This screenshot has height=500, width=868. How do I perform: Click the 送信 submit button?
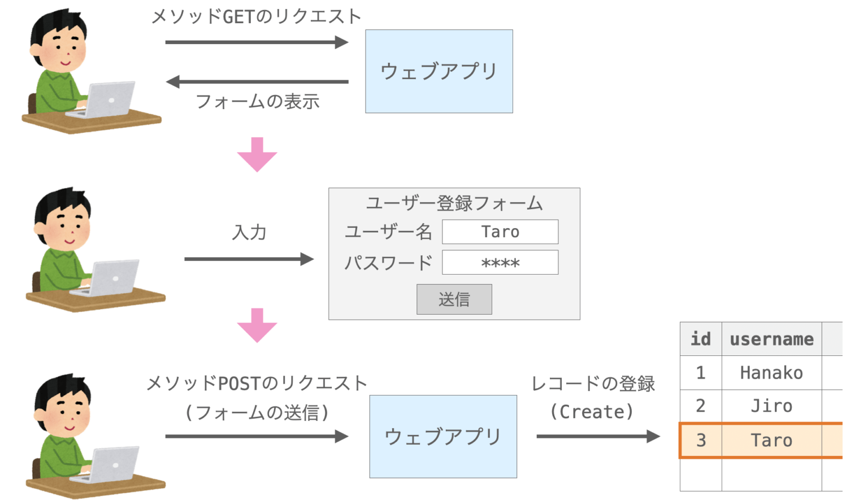point(454,299)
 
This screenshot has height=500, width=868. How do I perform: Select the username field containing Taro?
point(500,232)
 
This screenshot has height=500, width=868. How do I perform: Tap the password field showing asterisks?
point(500,263)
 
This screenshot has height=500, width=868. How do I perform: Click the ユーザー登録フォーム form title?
point(454,203)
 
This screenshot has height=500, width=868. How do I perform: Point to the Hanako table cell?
point(771,373)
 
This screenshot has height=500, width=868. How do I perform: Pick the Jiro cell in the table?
point(771,406)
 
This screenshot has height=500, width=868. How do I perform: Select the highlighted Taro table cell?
point(771,440)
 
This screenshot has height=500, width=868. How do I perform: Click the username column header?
point(771,339)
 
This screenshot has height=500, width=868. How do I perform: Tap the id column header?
point(700,339)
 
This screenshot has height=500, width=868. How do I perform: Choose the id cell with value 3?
point(700,440)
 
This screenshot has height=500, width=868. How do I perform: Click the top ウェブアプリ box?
point(439,71)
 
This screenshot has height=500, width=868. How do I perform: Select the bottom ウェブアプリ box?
point(442,436)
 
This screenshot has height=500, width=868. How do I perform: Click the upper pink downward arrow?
point(257,154)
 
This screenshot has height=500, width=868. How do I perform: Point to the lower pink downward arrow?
point(257,325)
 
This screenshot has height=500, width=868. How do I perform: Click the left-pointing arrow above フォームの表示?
point(257,82)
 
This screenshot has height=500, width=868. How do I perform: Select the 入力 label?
point(249,232)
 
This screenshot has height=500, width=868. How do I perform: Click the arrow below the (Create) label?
point(597,436)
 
